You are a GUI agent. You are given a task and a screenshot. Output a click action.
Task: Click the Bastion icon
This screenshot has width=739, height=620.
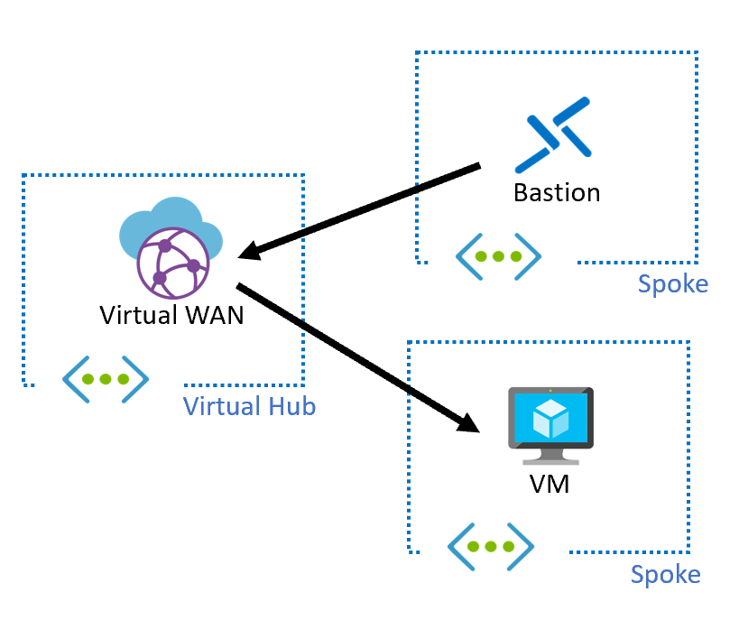pos(553,135)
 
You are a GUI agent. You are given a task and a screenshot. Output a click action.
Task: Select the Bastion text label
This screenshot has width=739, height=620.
pos(556,192)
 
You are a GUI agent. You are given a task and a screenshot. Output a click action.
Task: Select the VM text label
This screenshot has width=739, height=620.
pos(550,483)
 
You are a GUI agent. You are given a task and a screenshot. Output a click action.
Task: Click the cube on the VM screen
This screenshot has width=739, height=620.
pos(550,415)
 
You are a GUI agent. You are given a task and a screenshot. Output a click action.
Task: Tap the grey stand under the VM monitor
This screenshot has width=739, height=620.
pos(550,453)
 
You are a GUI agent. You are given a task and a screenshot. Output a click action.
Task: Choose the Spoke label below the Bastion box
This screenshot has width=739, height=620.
pos(672,284)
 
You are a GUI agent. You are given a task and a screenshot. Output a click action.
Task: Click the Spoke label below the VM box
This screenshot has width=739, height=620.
pos(665,575)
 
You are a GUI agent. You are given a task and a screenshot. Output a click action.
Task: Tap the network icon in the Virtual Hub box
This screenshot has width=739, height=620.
pos(106,379)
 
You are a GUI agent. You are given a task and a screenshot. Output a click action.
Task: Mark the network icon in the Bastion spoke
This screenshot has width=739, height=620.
pos(498,256)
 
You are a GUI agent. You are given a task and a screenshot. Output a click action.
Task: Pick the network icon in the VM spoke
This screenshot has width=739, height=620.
pos(491,547)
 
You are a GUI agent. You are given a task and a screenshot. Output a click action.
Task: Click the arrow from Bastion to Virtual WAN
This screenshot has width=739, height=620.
pos(361,210)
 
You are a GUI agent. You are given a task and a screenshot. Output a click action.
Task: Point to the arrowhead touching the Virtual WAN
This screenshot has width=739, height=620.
pos(252,250)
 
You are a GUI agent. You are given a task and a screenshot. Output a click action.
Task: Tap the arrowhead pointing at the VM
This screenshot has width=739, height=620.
pos(466,421)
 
